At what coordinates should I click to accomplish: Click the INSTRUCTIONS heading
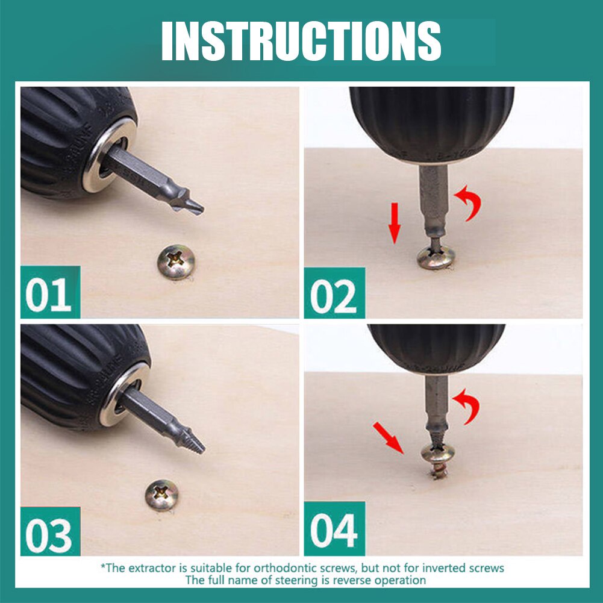tap(301, 41)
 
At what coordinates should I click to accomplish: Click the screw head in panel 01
tap(176, 261)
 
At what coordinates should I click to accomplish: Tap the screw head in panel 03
tap(162, 495)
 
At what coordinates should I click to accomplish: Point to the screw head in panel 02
tap(436, 257)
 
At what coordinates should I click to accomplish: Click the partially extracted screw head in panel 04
tap(437, 453)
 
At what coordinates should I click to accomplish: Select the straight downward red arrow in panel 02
tap(394, 223)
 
